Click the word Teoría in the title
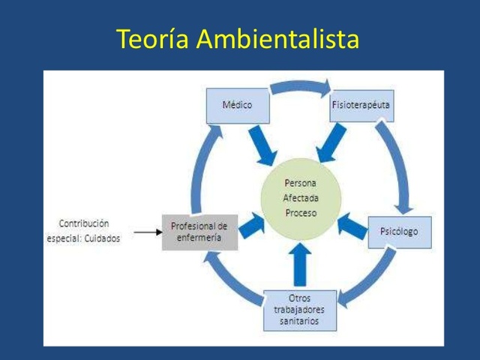tap(153, 40)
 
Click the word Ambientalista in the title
tap(278, 40)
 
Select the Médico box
tap(237, 105)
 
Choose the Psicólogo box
tap(400, 232)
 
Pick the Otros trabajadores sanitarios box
tap(300, 310)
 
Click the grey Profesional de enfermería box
tap(199, 231)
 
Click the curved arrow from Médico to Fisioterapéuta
tap(299, 85)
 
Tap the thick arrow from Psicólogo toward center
tap(352, 223)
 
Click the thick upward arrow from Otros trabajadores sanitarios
tap(300, 263)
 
